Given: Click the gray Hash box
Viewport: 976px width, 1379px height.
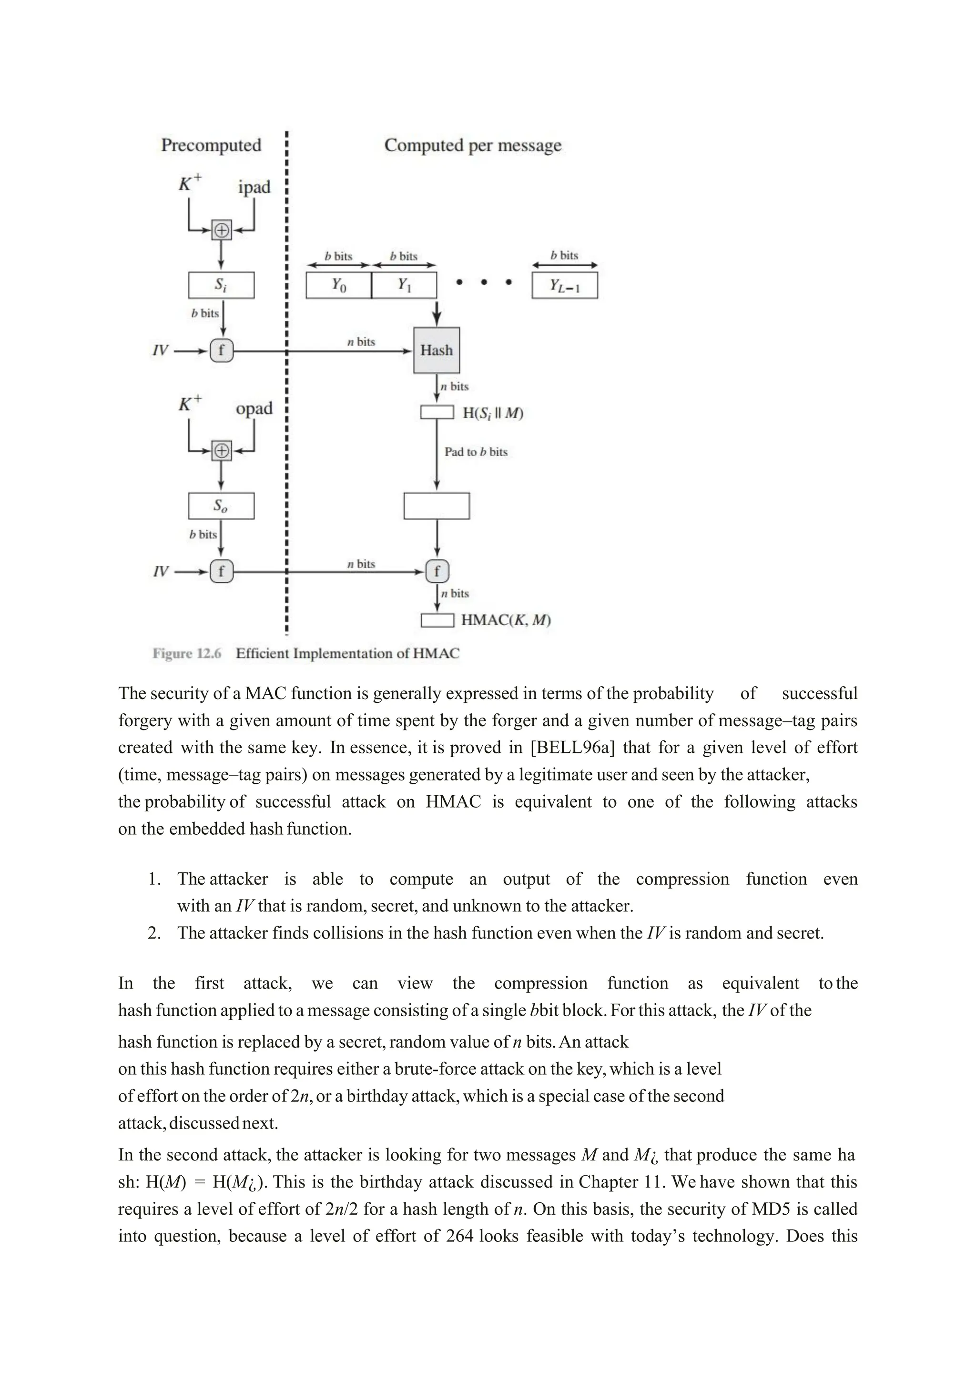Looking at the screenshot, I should coord(437,350).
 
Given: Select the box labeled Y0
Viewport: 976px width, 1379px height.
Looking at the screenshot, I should coord(338,285).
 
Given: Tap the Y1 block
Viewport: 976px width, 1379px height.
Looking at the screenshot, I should coord(404,285).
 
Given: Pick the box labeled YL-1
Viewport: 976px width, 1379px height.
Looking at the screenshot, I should coord(564,285).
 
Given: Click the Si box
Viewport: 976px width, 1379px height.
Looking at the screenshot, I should coord(221,285).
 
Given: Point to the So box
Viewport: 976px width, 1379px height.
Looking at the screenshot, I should coord(221,506).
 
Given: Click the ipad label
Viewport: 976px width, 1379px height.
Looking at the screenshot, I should coord(254,188).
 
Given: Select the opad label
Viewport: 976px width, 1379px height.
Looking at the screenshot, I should coord(254,409).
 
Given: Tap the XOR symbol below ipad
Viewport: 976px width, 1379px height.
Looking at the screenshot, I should coord(222,230).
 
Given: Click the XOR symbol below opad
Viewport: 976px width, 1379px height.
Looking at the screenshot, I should coord(222,450).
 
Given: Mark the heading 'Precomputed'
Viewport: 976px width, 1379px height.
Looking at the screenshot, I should coord(211,145).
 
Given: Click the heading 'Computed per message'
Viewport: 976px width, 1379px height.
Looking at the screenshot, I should coord(472,145).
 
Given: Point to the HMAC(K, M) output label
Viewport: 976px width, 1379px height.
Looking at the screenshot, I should coord(506,620).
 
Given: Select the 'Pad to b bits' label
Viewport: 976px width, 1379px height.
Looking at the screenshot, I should coord(476,452).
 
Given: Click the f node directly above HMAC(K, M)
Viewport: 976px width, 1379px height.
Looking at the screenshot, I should coord(437,571).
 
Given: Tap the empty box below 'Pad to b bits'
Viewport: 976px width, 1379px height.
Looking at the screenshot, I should coord(437,506).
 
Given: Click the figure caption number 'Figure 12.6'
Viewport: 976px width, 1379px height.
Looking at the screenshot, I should coord(187,653).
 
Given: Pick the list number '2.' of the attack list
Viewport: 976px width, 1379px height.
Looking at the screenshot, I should coord(154,933).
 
